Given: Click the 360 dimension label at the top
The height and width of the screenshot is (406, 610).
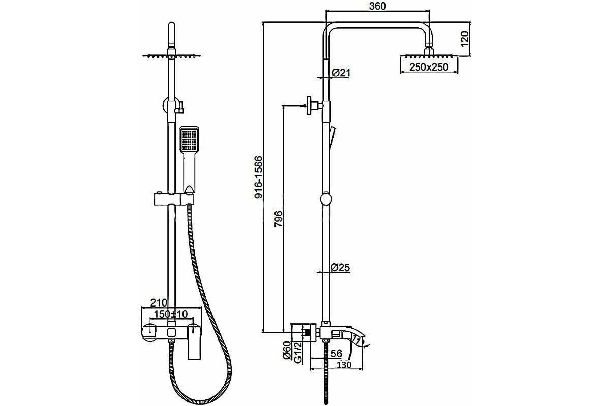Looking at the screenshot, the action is click(x=377, y=6).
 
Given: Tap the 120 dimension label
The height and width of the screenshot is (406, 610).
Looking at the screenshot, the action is click(x=464, y=39).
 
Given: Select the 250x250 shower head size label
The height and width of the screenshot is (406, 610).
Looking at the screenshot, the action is click(x=429, y=67).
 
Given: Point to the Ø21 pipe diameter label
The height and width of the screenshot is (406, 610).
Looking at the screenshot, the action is click(x=341, y=73).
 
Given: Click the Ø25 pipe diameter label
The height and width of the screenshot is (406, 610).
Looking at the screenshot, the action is click(x=341, y=267).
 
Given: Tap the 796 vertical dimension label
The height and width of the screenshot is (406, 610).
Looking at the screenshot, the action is click(x=279, y=219).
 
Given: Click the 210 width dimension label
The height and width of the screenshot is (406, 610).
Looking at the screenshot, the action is click(x=159, y=302).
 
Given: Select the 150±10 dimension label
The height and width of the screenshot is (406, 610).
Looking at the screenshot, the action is click(x=170, y=314).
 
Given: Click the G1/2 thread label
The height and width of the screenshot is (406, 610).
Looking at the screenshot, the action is click(x=298, y=352).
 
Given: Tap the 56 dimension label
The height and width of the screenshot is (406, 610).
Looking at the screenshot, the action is click(x=337, y=354).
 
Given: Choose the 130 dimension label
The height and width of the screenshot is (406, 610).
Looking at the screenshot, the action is click(x=344, y=365).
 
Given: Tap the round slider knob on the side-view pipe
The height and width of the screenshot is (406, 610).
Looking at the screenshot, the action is click(x=326, y=198).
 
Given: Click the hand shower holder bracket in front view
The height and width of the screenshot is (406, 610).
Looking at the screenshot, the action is click(x=174, y=199).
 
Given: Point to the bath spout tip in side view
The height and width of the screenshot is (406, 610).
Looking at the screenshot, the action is click(x=363, y=343).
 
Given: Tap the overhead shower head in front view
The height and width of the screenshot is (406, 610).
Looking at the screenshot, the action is click(x=172, y=56).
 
